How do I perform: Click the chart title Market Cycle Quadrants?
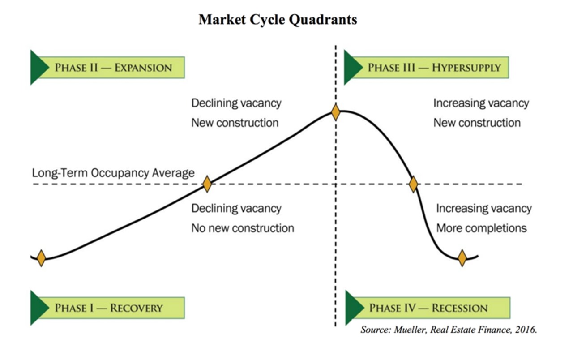tap(278, 20)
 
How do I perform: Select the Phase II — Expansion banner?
tap(107, 68)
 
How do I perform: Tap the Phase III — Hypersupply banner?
tap(426, 68)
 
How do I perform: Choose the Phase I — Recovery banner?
tap(107, 308)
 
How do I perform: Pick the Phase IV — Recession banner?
tap(428, 308)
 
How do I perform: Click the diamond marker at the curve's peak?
tap(336, 112)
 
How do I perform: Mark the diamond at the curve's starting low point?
tap(41, 258)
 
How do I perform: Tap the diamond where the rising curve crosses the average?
tap(207, 184)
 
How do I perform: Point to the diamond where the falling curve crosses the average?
tap(413, 184)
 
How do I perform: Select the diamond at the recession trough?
tap(462, 258)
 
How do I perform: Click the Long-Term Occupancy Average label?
tap(113, 173)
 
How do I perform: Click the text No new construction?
tap(243, 228)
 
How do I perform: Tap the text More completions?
tap(481, 228)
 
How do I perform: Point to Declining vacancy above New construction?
tap(236, 103)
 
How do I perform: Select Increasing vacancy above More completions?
tap(484, 208)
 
